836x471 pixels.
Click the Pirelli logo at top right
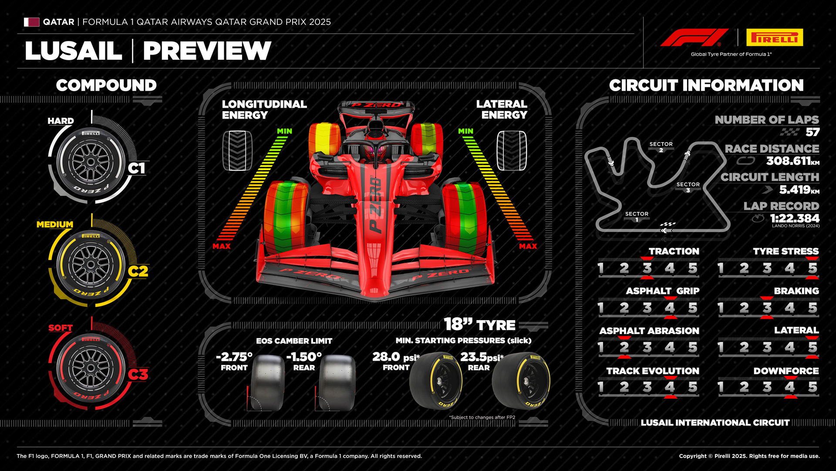(775, 38)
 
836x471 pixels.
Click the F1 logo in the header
(694, 38)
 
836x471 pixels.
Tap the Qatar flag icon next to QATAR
(31, 22)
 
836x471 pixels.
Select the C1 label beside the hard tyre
(136, 168)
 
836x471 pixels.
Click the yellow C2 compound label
(138, 271)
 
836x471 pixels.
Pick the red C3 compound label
(138, 375)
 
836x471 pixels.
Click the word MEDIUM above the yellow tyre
(55, 225)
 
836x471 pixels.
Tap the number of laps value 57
(812, 132)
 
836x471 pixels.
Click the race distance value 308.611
(789, 161)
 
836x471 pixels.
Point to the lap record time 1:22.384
(795, 218)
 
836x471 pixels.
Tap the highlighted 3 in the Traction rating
(647, 268)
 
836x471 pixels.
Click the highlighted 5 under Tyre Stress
(812, 268)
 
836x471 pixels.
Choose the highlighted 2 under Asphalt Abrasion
(624, 348)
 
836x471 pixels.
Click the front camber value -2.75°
(234, 357)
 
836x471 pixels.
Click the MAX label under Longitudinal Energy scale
(222, 246)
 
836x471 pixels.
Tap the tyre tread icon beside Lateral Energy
(512, 151)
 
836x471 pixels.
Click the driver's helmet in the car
(375, 152)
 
